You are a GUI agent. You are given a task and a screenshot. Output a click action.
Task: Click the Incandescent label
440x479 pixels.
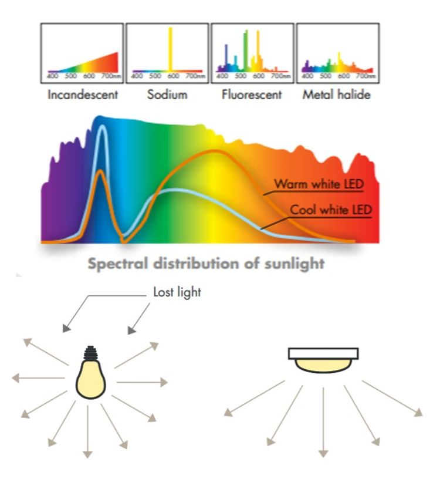point(83,95)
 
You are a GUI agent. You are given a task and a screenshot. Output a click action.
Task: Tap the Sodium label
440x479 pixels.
point(167,95)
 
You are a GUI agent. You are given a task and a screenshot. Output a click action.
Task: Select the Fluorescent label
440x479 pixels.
point(252,95)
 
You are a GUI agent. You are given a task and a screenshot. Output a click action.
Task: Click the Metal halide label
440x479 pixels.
point(337,95)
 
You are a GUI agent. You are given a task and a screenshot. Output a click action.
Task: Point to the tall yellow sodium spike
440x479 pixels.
point(170,49)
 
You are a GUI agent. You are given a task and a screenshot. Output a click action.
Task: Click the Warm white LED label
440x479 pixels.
point(319,184)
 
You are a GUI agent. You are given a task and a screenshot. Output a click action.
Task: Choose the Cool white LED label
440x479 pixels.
point(331,210)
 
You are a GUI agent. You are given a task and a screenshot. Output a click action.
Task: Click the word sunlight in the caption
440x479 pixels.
point(295,264)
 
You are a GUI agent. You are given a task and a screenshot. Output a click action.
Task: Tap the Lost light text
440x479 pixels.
point(177,292)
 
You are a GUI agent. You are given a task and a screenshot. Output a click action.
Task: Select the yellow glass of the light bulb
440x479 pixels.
point(91,379)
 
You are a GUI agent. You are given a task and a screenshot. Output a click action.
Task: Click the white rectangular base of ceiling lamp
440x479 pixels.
point(323,353)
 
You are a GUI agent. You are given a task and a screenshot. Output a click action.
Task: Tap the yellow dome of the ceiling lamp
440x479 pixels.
point(323,366)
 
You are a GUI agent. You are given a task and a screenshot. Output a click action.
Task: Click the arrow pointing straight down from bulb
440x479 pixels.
point(88,432)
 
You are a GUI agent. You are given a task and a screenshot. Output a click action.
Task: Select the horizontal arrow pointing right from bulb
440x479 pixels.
point(143,382)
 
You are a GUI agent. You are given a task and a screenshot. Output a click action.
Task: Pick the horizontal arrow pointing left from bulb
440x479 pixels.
point(38,378)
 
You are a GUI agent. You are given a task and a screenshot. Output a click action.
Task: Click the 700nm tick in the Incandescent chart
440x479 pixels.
point(111,76)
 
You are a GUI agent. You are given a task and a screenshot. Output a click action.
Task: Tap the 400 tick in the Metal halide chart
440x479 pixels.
point(307,76)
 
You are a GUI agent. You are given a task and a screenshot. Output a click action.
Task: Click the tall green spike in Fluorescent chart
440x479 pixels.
point(245,50)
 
